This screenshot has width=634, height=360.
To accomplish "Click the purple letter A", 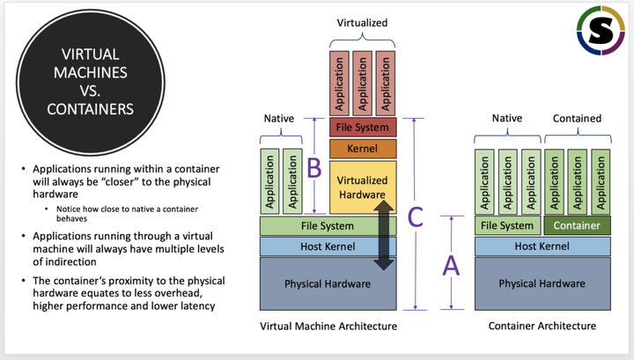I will point(451,265).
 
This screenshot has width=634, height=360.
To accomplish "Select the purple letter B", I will point(313,166).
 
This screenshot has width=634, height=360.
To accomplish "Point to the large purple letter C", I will point(417,216).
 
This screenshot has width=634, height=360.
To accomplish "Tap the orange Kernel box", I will point(363,148).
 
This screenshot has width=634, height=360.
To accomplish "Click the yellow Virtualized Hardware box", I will point(363,187).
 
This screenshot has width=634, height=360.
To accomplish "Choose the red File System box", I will point(363,128).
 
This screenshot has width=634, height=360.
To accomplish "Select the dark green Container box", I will point(577,225).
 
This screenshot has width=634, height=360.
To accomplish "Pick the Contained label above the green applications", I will point(577,118).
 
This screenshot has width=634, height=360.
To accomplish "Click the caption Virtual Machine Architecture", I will point(328,326).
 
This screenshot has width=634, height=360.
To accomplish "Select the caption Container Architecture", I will point(542,326).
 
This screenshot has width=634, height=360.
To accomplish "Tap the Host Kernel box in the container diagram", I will point(542,246).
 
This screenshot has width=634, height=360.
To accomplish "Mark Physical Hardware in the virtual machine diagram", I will point(328,283).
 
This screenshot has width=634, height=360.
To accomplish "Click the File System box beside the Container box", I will point(505,225).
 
